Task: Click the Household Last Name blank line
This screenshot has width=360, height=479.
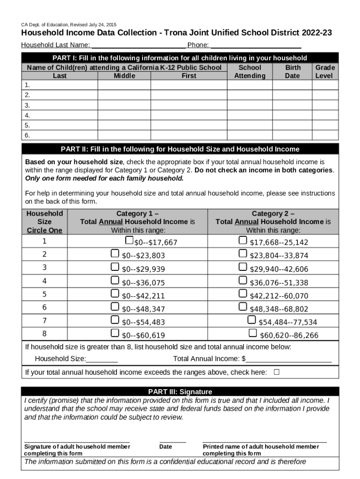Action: (138, 45)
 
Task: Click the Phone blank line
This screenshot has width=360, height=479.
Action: (255, 45)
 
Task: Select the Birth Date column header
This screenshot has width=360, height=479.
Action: (293, 72)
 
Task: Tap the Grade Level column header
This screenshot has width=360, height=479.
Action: (325, 72)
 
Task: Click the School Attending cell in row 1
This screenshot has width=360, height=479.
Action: (250, 85)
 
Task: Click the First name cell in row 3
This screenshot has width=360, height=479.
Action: (189, 105)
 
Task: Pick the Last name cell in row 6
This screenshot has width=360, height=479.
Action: (60, 135)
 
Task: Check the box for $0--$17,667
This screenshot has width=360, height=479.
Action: (129, 240)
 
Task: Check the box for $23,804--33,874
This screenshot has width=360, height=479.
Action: (243, 254)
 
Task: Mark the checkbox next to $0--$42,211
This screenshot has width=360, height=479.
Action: (115, 293)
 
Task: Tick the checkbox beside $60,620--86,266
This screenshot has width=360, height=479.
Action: (252, 333)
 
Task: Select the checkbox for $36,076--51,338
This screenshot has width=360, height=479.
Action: (243, 280)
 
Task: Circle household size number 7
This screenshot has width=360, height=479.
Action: (44, 320)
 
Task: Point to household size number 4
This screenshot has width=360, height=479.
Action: (44, 281)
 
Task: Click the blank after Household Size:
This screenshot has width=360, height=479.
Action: (102, 359)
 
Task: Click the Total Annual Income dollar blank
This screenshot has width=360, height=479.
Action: (289, 359)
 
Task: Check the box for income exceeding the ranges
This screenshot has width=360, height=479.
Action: (276, 372)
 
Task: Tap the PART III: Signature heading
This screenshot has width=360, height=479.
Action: (180, 392)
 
